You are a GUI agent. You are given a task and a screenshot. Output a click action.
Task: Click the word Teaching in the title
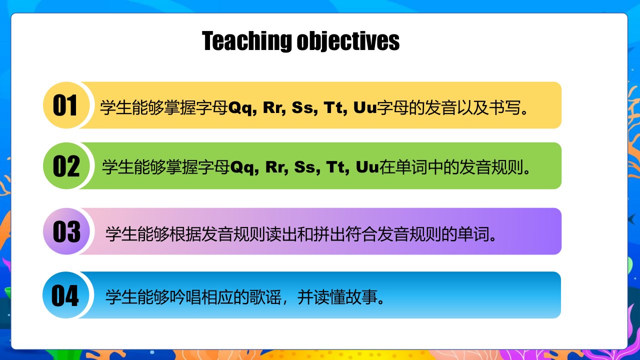247,41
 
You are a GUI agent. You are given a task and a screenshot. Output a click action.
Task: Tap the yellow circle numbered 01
66,105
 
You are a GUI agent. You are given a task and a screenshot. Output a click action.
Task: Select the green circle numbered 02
66,165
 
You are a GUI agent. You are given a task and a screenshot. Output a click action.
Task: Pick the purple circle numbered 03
66,231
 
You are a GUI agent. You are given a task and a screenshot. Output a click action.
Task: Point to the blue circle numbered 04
66,295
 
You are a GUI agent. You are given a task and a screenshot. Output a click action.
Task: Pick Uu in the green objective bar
367,167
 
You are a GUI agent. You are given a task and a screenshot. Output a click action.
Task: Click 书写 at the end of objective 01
505,107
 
